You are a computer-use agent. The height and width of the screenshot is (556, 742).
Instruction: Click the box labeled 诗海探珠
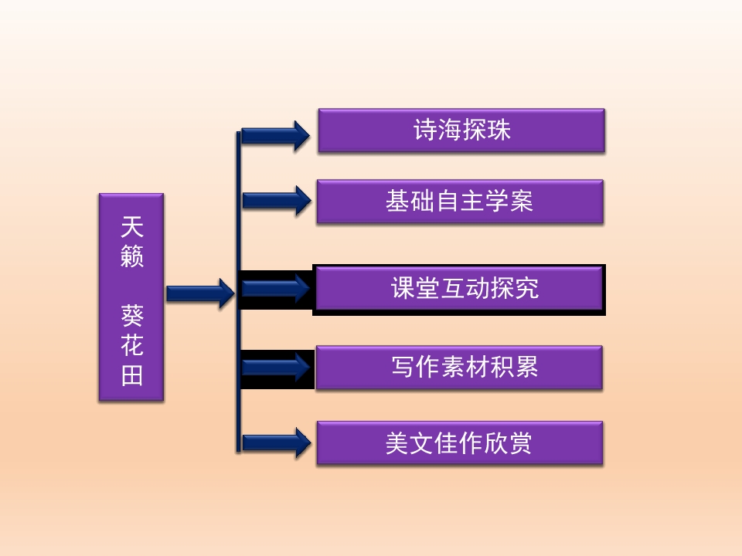pos(461,131)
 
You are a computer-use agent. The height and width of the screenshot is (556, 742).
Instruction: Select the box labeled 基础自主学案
pos(460,202)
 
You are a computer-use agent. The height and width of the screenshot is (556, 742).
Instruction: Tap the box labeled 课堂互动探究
pos(459,289)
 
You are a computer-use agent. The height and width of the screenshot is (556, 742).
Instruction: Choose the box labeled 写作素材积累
pos(459,368)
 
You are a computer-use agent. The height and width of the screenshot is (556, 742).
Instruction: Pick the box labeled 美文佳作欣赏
pos(460,442)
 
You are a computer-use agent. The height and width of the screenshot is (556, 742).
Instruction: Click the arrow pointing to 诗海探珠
pos(276,136)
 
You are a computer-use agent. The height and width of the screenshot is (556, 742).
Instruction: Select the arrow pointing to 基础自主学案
pos(276,200)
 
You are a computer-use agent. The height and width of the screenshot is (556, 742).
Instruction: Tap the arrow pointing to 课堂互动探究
pos(276,288)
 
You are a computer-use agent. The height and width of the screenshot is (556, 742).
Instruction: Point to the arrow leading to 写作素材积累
pos(276,367)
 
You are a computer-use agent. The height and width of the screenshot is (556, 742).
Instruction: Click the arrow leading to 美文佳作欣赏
pos(276,442)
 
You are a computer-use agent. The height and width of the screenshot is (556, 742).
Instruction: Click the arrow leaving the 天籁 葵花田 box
pos(199,293)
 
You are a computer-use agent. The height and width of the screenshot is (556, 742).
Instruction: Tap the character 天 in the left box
pos(132,227)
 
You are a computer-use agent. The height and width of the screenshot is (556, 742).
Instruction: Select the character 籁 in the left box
pos(132,256)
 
